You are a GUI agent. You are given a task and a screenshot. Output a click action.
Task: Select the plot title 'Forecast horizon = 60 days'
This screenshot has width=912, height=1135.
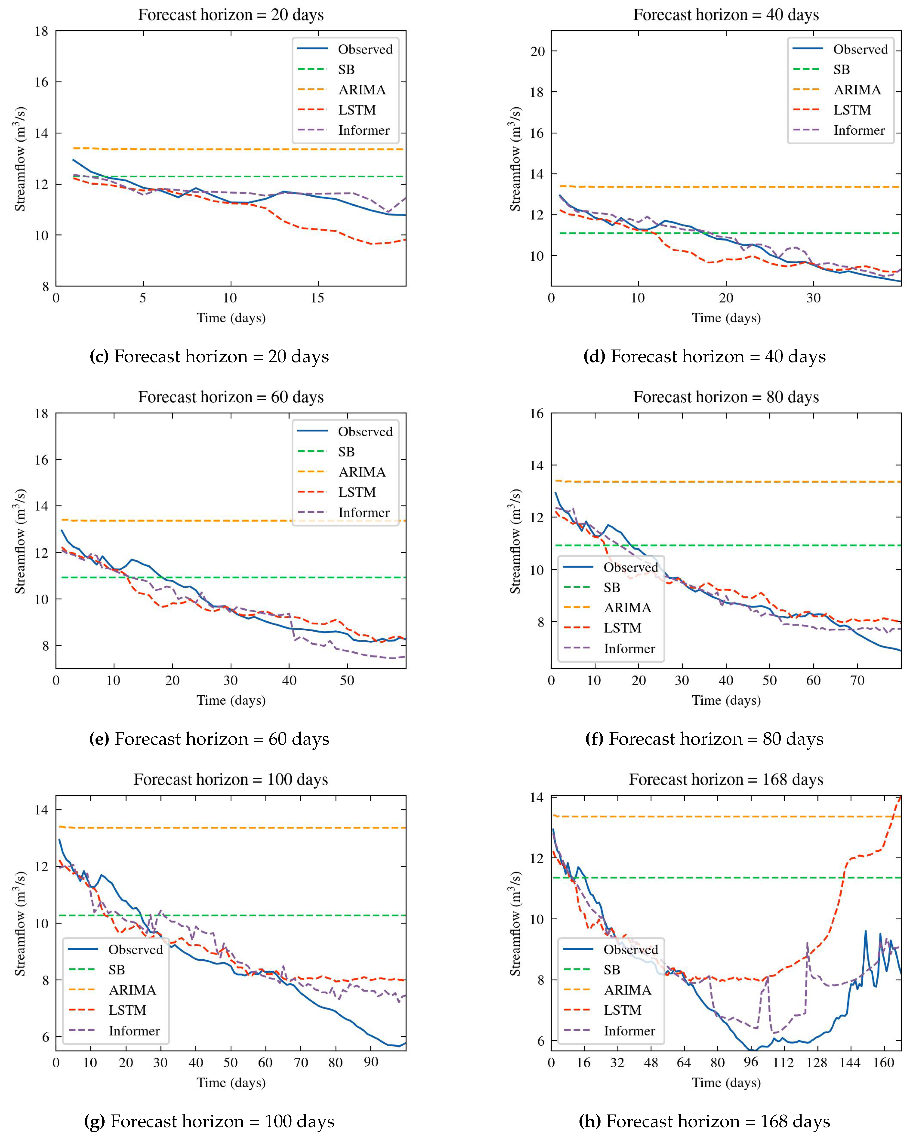[231, 397]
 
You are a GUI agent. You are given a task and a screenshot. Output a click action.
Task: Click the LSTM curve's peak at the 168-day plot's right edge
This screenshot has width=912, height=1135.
[900, 797]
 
